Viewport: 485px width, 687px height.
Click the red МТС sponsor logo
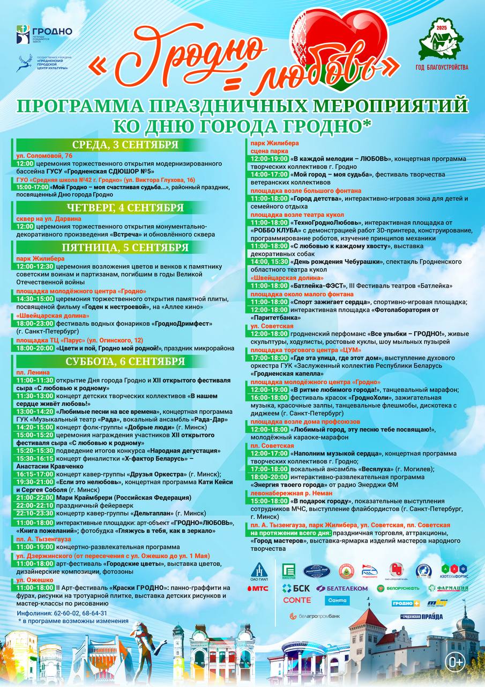[x=257, y=588]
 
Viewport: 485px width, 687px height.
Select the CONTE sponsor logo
[x=297, y=600]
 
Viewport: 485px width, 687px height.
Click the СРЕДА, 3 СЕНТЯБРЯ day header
[x=125, y=145]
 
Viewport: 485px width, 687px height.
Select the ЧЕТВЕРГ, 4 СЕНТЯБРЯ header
[x=125, y=208]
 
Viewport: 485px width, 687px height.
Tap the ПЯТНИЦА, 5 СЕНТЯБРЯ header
[x=125, y=247]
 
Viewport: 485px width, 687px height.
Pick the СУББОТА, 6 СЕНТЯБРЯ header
[x=125, y=361]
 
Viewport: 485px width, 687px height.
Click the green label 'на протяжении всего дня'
[x=290, y=533]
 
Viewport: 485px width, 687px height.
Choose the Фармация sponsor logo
[x=449, y=588]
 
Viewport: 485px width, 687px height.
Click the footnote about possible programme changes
[x=73, y=621]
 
